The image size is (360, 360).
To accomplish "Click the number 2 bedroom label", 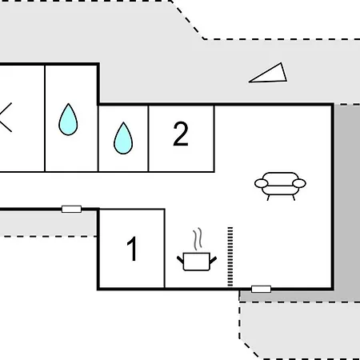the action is tap(181, 134).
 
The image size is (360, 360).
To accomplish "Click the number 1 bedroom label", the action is tap(132, 249).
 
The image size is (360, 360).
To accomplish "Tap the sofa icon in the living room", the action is tap(280, 186).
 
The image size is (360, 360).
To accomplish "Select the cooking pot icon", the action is tap(197, 262).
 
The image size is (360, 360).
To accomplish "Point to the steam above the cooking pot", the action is tap(198, 239).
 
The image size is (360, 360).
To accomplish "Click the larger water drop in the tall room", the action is tap(68, 119).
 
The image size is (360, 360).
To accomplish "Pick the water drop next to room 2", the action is tap(123, 138).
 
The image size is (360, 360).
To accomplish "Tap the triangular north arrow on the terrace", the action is tap(270, 74).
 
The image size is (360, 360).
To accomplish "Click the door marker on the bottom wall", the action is tap(261, 289).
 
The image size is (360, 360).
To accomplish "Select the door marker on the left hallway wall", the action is tap(71, 209).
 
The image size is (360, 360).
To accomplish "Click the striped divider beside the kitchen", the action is tap(230, 257).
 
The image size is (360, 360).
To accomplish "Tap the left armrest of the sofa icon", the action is tap(261, 183).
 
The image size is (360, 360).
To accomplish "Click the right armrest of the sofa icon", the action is tap(299, 183).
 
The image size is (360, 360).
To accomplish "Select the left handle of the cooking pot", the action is tap(180, 259).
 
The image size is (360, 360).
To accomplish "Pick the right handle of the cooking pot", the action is tap(214, 259).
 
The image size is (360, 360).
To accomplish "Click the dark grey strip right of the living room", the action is tap(347, 202).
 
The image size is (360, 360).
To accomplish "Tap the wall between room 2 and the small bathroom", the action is tap(148, 138).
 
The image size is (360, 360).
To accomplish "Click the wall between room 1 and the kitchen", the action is tap(165, 249).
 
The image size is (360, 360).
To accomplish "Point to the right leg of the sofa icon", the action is tap(294, 198).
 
